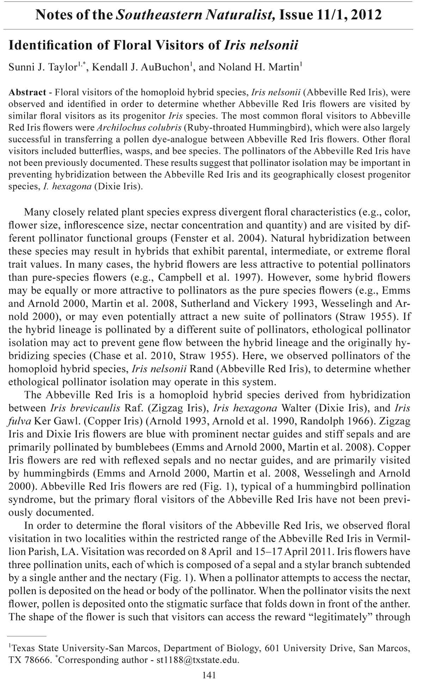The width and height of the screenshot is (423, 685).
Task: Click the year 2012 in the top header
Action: click(366, 15)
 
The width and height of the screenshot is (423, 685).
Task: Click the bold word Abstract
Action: click(27, 92)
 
